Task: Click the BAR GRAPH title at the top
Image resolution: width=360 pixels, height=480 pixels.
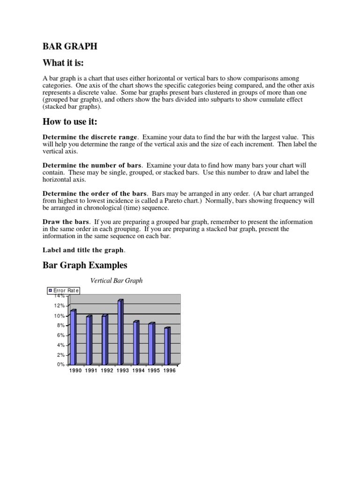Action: point(70,46)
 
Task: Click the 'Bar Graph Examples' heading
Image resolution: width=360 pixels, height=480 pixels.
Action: point(85,265)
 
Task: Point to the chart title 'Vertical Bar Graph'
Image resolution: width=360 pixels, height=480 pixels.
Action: point(116,281)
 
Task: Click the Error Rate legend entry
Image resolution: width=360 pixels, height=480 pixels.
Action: point(64,291)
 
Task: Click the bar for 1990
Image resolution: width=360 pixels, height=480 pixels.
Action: point(73,337)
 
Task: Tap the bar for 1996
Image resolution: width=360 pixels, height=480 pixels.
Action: point(167,346)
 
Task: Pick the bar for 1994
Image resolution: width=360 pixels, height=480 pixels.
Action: point(136,343)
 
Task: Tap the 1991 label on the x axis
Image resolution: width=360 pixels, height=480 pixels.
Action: point(91,370)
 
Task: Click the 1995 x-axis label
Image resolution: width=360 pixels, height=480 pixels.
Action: point(154,370)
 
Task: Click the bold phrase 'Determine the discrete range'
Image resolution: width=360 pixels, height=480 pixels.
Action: point(90,137)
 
